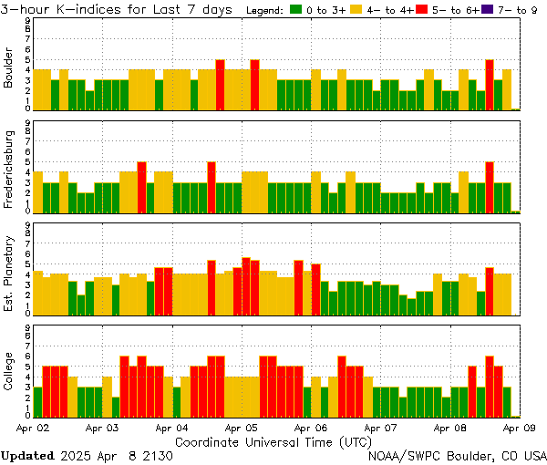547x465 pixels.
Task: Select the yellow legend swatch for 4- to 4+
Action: [x=356, y=10]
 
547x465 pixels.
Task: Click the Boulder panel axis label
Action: [x=9, y=68]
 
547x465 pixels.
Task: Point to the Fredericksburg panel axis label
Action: [x=9, y=170]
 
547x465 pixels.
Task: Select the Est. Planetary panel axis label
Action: [x=9, y=273]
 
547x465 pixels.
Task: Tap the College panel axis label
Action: [x=9, y=374]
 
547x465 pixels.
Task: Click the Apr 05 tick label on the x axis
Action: [x=241, y=427]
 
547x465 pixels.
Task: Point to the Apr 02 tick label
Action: [x=33, y=427]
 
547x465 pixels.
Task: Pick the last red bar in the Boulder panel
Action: [x=490, y=85]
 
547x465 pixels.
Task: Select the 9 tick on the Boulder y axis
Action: [x=27, y=19]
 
